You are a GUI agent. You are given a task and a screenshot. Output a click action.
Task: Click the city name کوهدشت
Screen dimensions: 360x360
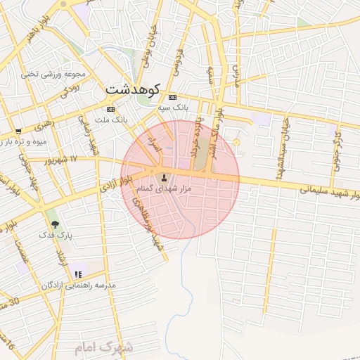(x=134, y=89)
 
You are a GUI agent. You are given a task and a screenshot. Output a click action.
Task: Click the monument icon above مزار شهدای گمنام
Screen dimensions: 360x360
(x=165, y=177)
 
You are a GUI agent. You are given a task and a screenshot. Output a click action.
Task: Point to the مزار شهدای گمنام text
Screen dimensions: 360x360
(x=166, y=189)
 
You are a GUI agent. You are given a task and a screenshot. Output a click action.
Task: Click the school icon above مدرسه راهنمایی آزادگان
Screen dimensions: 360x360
(x=77, y=274)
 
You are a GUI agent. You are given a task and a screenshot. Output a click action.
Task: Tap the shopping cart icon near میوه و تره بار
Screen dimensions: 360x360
(x=18, y=131)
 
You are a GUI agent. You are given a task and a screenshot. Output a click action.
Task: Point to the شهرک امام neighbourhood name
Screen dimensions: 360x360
(x=105, y=347)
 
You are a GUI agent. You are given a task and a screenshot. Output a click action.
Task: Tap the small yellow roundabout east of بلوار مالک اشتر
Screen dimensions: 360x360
(x=236, y=143)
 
